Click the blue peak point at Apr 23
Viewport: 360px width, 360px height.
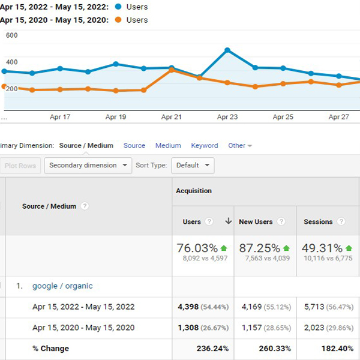tap(227, 50)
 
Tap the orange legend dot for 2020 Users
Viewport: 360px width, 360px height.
tap(118, 20)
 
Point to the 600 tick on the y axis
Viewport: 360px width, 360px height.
tap(12, 35)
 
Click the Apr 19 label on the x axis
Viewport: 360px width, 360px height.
tap(116, 117)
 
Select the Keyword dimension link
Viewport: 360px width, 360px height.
tap(205, 146)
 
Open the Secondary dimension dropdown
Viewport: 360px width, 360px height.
tap(88, 166)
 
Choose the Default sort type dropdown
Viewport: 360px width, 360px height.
tap(193, 166)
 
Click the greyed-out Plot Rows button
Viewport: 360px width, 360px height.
tap(20, 166)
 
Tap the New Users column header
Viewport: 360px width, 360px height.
tap(256, 222)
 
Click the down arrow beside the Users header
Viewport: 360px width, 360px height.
tap(228, 221)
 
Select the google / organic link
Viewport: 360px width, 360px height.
tap(62, 286)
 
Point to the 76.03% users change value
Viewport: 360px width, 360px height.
tap(197, 248)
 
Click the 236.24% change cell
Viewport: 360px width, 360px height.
tap(212, 349)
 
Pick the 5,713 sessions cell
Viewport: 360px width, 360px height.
tap(314, 307)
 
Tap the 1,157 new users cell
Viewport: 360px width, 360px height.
tap(251, 328)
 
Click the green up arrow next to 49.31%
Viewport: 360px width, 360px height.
tap(349, 248)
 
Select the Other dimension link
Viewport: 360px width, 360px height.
tap(237, 146)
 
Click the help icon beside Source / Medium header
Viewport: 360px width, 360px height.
tap(85, 206)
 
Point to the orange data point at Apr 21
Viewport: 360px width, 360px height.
tap(172, 70)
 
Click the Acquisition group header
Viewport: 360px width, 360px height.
tap(194, 191)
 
